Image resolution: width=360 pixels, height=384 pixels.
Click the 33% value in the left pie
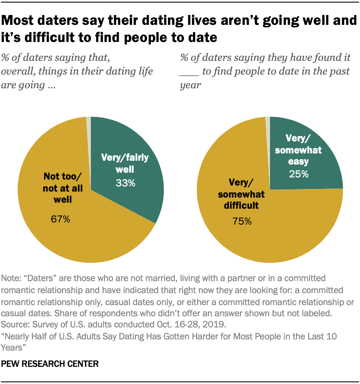[126, 183]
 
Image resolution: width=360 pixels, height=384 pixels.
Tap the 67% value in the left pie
[60, 220]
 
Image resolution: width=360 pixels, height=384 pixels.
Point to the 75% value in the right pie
[242, 221]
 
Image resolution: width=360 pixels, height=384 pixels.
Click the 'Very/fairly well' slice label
[125, 163]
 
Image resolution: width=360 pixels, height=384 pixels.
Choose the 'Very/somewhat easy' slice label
[299, 150]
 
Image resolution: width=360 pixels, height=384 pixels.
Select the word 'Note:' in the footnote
[12, 277]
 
